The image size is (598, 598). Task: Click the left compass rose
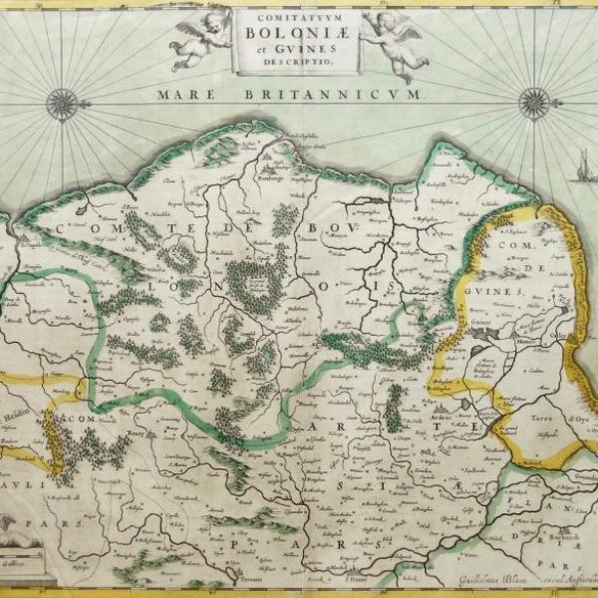[62, 104]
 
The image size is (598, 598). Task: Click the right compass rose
[534, 104]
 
